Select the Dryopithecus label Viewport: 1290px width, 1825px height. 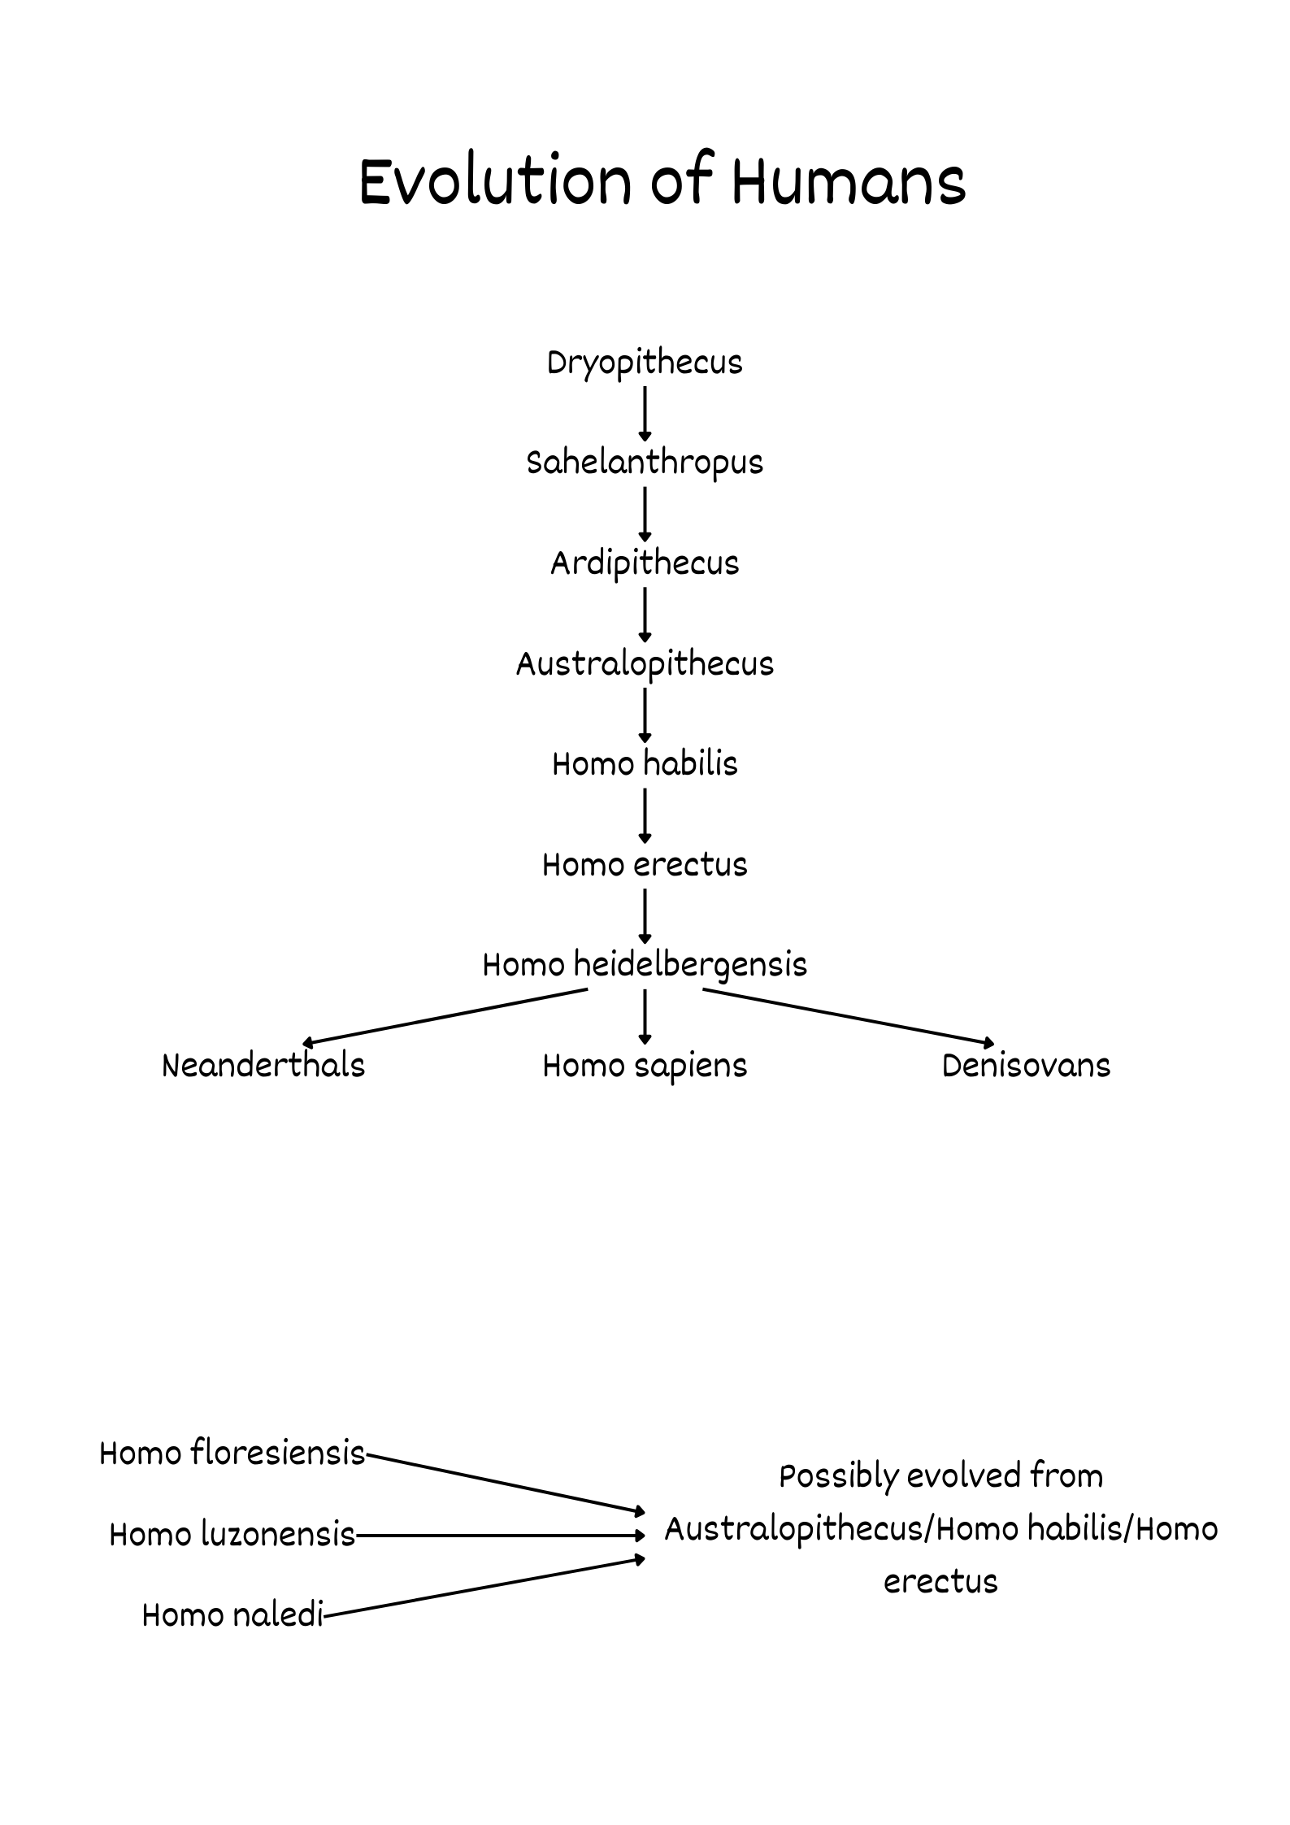coord(645,363)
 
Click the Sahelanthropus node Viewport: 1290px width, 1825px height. coord(645,463)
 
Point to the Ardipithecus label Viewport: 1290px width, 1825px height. coord(645,563)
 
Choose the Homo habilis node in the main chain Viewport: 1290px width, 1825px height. coord(645,764)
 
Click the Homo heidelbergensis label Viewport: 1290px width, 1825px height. coord(645,965)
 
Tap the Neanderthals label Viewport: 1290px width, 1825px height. coord(263,1066)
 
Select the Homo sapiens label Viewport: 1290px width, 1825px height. coord(645,1066)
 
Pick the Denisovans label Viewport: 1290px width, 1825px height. coord(1026,1066)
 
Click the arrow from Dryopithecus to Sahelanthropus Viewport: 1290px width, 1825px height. coord(645,413)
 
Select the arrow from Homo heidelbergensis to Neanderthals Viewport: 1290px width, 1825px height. coord(445,1016)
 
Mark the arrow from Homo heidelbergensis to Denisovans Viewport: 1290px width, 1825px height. coord(848,1016)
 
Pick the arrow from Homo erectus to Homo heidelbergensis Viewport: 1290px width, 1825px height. coord(645,915)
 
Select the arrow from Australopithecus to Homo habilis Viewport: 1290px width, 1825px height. coord(645,715)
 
